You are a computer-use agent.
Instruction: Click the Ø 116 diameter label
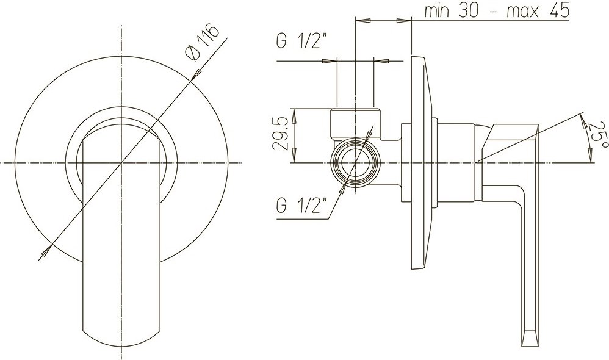pos(201,42)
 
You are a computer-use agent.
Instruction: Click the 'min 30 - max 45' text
pos(496,11)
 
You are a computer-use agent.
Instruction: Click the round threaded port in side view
pos(355,162)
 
